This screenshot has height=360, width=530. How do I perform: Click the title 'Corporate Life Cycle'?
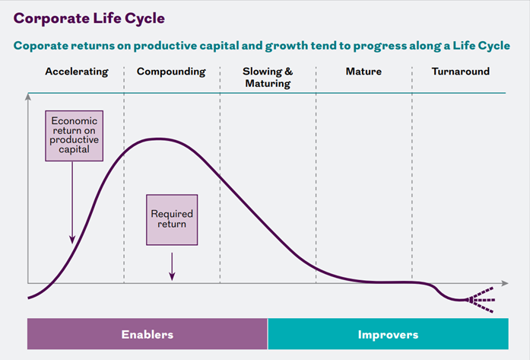pos(88,18)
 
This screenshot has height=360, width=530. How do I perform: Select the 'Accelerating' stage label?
pos(76,72)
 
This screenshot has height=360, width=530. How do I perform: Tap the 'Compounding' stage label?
pos(171,72)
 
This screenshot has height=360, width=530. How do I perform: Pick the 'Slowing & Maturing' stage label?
pos(268,77)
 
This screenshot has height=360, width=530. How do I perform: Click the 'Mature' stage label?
pos(363,72)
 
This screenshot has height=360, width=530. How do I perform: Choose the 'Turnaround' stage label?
pos(460,72)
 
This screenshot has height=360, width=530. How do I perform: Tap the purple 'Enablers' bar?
pos(148,334)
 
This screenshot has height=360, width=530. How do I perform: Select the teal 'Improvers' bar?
pos(388,334)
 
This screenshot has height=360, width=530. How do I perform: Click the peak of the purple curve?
pos(157,139)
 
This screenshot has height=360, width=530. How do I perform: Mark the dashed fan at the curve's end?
pos(479,300)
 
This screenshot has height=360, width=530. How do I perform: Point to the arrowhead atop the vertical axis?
pos(28,96)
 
